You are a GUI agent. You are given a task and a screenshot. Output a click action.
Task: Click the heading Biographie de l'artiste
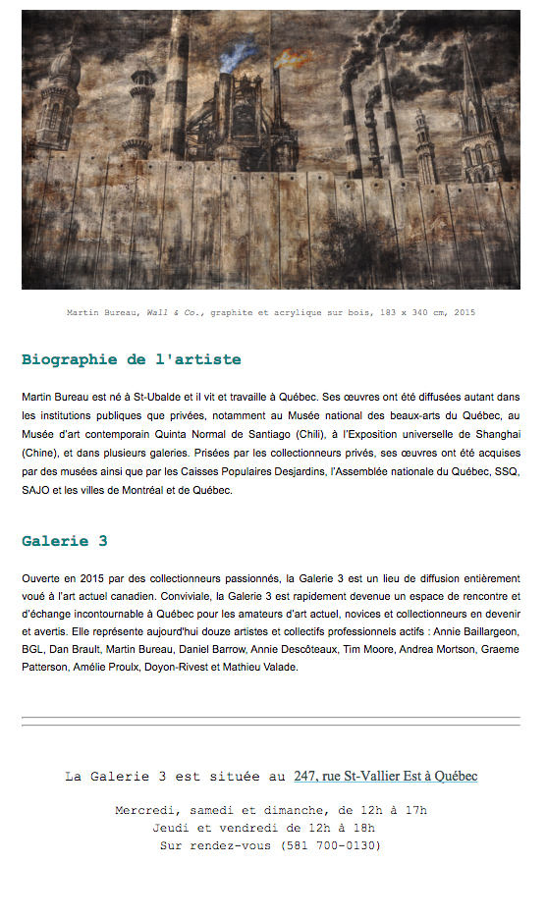click(x=131, y=359)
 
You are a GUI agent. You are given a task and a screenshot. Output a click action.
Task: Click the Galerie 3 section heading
click(x=65, y=541)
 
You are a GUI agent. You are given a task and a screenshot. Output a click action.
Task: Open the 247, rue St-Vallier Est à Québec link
click(x=386, y=776)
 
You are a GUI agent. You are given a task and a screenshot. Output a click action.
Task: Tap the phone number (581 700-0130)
click(x=330, y=844)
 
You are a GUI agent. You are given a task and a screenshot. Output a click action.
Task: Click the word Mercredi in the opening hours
click(x=146, y=811)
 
